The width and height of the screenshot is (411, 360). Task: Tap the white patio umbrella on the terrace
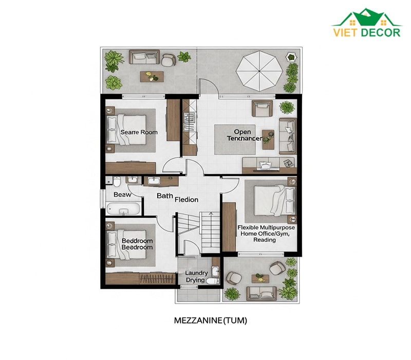259,71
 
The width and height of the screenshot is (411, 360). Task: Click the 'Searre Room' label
139,132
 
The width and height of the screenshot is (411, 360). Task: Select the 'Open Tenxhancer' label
245,135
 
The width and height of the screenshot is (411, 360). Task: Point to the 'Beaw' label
122,195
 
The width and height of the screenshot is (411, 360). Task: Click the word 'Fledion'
186,200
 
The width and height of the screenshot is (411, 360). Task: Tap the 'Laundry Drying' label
196,277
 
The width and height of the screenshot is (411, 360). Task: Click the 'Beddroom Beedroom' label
137,244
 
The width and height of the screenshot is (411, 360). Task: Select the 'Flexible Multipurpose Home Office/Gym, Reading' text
266,233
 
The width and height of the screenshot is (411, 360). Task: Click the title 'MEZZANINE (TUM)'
211,320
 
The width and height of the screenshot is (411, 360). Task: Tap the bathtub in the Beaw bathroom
123,209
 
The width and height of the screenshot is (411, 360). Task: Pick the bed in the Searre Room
126,130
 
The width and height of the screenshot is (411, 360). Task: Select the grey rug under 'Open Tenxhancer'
235,139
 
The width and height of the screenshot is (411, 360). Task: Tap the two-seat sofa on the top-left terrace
144,57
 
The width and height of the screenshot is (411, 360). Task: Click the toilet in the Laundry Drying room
213,281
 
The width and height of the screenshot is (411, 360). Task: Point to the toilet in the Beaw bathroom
117,182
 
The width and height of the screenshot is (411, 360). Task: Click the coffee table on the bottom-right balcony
260,279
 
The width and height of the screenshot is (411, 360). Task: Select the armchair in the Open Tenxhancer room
262,109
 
